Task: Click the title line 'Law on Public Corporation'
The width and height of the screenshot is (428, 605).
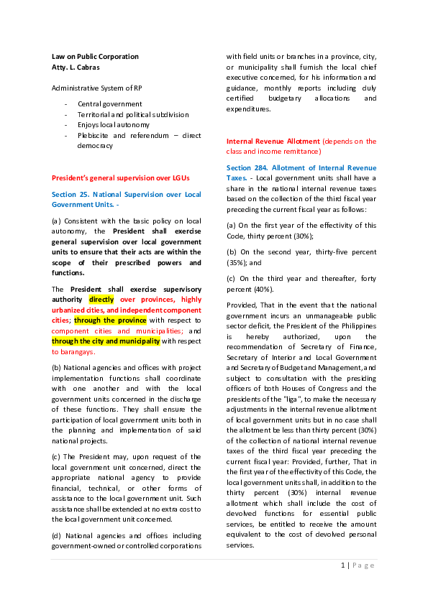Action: point(95,57)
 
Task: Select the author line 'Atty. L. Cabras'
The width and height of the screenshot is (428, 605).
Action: point(76,67)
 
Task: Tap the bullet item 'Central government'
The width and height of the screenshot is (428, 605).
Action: point(110,103)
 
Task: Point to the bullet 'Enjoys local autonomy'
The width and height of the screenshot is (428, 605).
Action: point(113,124)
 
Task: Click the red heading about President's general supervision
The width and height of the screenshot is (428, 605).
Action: point(121,178)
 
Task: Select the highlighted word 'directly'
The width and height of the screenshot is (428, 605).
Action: point(101,300)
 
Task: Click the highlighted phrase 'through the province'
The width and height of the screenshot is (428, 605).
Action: point(110,320)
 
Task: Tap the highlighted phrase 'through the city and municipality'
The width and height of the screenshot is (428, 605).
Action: point(106,341)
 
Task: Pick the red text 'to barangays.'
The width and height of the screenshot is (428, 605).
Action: point(73,352)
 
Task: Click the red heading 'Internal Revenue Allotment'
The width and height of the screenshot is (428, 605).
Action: point(273,142)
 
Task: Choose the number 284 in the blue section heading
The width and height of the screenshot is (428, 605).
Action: point(260,168)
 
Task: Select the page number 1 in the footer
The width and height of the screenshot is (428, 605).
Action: point(343,565)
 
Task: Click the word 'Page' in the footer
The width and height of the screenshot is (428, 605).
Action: point(363,565)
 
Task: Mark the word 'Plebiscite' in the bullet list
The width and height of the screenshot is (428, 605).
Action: point(93,135)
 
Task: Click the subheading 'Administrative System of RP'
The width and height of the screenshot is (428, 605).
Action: point(97,88)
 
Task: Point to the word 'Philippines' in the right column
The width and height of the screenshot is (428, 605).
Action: point(359,326)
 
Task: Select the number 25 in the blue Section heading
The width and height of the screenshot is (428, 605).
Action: point(84,195)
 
